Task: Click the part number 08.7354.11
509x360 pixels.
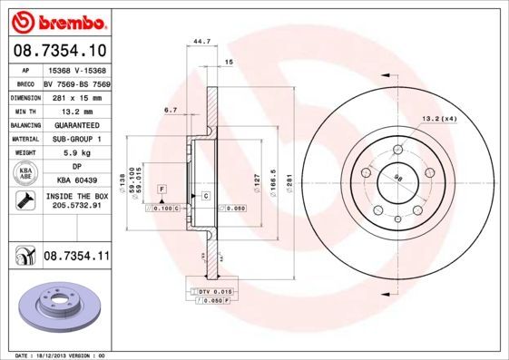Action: click(x=76, y=258)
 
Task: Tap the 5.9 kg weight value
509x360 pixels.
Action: click(x=76, y=153)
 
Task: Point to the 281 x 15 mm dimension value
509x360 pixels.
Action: click(x=76, y=96)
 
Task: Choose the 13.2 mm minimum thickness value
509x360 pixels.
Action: click(x=76, y=111)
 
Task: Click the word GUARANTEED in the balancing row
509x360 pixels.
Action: click(x=76, y=125)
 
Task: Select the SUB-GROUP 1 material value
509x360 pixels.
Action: click(x=76, y=139)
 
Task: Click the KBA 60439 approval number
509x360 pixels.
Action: click(x=76, y=181)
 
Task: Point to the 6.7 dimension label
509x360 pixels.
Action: click(x=170, y=110)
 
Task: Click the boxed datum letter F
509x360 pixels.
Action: click(x=162, y=188)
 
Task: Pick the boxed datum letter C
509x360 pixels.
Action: click(x=206, y=196)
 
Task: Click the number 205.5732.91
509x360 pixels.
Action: click(x=76, y=206)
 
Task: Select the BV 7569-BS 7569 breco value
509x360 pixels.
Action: click(x=76, y=83)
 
